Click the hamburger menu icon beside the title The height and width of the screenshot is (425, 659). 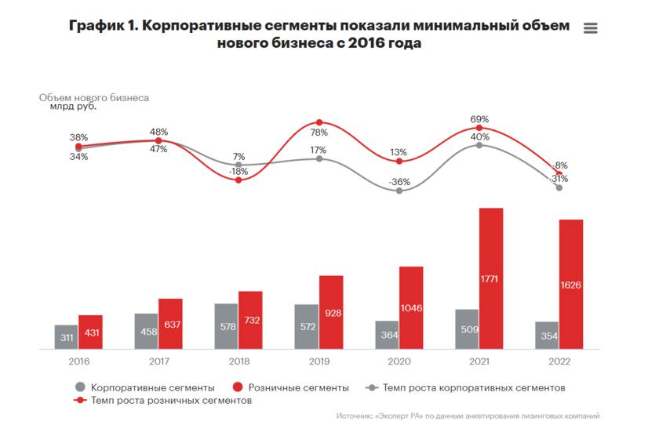coord(591,28)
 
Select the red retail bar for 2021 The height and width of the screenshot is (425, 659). coord(490,278)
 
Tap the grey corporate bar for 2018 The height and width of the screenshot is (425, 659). coord(226,325)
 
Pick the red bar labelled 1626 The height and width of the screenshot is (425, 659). coord(571,284)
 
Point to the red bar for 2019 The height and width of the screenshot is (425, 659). coord(331,311)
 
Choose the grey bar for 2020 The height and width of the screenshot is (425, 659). coord(387,334)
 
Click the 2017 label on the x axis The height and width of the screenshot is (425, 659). coord(158,361)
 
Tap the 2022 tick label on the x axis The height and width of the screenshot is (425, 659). coord(559,361)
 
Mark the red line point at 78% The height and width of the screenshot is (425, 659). coord(319,123)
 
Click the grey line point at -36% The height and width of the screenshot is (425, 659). coord(399,191)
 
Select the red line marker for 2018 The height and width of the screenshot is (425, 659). coord(239,180)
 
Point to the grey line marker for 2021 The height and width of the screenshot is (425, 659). coord(479,145)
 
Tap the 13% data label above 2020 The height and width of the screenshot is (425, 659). coord(399,152)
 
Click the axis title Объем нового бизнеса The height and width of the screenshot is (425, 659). coord(94,98)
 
